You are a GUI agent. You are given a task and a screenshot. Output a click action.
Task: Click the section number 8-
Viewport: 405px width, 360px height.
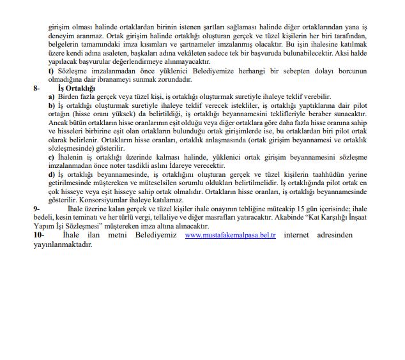tap(37, 87)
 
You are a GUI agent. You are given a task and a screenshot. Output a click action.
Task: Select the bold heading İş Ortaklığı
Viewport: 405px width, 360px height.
tap(76, 87)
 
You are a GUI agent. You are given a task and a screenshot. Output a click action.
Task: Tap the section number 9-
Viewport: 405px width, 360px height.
tap(36, 208)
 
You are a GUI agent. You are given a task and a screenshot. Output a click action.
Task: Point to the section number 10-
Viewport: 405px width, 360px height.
tap(38, 236)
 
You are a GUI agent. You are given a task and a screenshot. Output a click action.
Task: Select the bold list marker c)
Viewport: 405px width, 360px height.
tap(51, 156)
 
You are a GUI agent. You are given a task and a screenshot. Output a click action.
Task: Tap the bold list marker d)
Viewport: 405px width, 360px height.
tap(52, 174)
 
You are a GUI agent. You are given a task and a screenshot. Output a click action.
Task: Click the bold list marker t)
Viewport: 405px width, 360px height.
tap(51, 70)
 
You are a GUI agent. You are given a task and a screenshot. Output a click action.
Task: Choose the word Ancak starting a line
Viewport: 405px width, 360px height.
tap(58, 121)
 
